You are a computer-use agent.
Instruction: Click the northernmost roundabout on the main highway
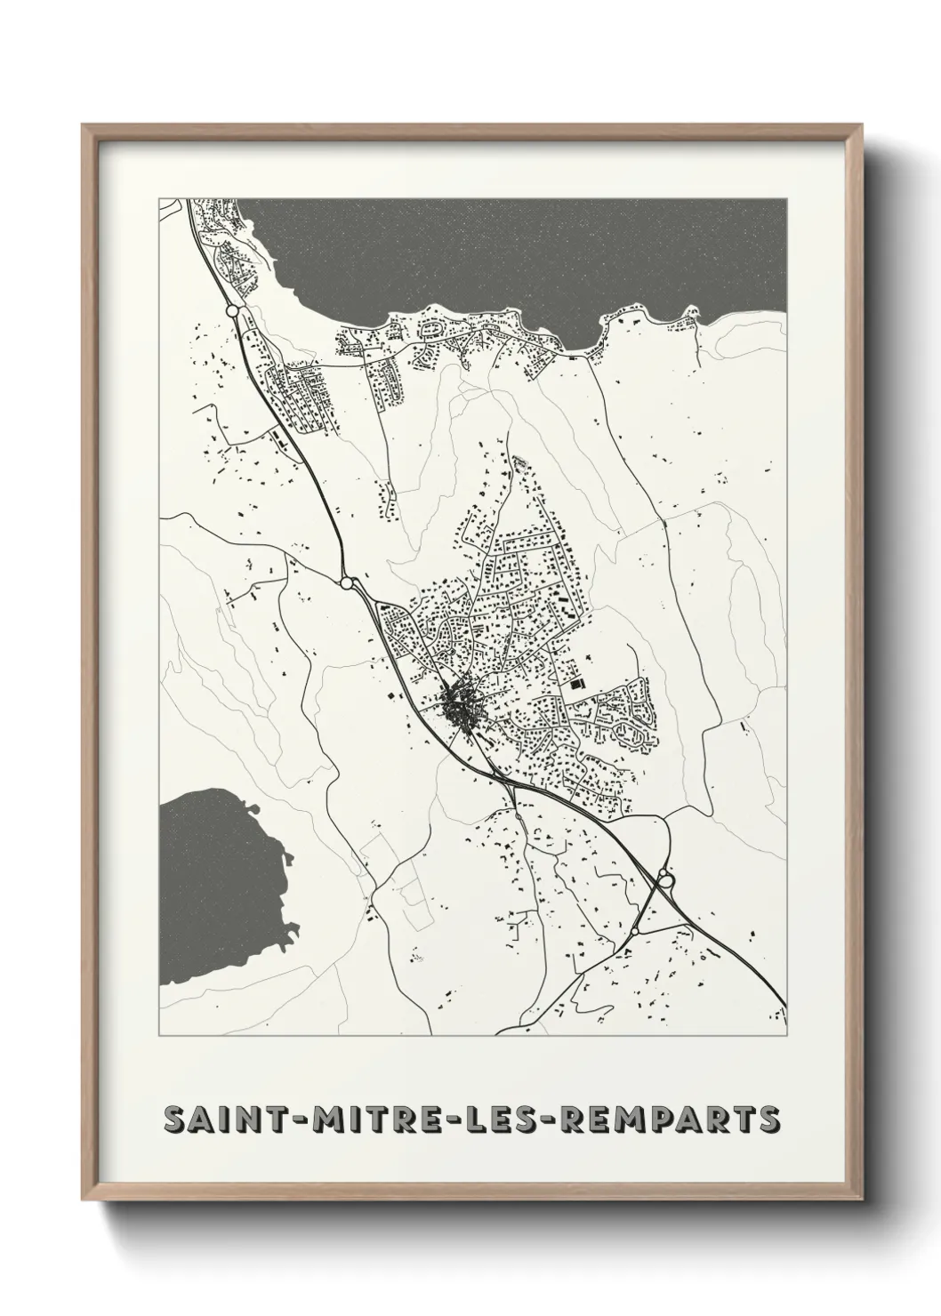[232, 311]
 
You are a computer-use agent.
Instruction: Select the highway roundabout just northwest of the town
[348, 583]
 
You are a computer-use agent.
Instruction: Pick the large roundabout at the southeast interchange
[666, 880]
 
